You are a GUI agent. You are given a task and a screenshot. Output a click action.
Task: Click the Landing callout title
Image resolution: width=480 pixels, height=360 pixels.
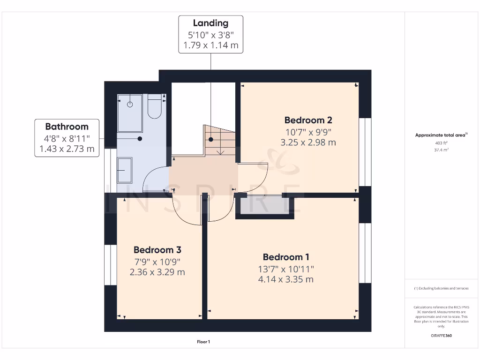(x=210, y=23)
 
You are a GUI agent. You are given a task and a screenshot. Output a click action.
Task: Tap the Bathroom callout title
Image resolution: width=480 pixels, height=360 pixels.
(x=67, y=127)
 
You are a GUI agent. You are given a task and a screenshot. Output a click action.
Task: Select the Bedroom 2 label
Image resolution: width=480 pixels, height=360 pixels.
(x=308, y=120)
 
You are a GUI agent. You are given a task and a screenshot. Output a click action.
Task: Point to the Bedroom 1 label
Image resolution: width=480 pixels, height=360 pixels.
(x=286, y=257)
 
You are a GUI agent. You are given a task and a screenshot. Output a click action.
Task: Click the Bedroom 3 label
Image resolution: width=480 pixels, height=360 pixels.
(x=157, y=250)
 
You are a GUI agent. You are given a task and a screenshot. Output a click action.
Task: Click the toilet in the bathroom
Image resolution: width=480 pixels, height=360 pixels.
(x=154, y=107)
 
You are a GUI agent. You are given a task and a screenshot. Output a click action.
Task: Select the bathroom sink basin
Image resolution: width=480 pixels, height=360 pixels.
(x=124, y=170)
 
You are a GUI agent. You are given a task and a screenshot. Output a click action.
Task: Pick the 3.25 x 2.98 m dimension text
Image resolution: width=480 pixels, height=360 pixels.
(x=308, y=142)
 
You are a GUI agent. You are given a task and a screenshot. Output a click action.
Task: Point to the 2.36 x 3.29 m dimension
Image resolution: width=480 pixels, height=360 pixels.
(x=157, y=272)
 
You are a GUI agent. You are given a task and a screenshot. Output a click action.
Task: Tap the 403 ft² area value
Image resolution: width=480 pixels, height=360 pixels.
(x=441, y=143)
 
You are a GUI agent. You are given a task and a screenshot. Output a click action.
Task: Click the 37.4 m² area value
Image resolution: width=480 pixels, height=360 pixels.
(x=441, y=150)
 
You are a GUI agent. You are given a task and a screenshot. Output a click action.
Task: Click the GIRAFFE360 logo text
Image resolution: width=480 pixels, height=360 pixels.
(x=441, y=336)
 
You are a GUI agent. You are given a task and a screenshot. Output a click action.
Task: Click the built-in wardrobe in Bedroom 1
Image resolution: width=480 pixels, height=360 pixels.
(x=264, y=207)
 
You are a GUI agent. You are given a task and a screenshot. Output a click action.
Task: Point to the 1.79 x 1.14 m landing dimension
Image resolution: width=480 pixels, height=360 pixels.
(x=210, y=45)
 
